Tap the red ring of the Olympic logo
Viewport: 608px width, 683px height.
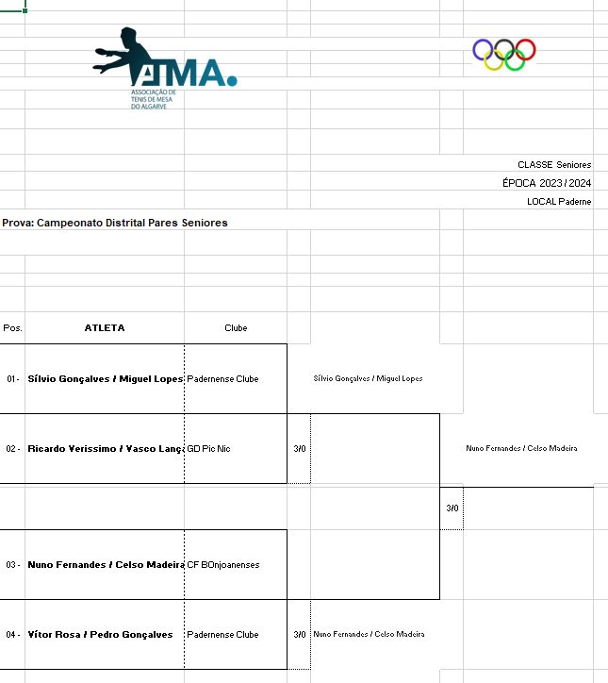(525, 49)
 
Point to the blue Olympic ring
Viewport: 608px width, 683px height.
(483, 49)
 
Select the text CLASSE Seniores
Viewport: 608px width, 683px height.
(554, 165)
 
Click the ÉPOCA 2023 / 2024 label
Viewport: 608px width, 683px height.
(547, 183)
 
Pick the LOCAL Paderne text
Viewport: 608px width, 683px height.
(559, 202)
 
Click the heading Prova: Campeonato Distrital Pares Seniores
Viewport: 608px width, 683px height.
(115, 224)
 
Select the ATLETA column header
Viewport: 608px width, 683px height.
(105, 328)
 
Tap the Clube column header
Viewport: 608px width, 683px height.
(236, 328)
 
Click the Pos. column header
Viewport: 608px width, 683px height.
(12, 328)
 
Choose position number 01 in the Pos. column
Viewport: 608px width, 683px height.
(12, 379)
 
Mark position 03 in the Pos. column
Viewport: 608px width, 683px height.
(12, 565)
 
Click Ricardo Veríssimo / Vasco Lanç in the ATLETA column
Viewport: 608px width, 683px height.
(105, 449)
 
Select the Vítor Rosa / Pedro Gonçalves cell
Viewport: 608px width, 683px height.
(101, 635)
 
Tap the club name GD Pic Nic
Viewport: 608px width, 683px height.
(208, 449)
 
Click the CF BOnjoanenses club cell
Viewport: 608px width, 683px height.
(223, 565)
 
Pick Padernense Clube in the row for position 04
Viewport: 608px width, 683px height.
(222, 635)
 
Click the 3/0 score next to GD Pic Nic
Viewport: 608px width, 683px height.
(300, 449)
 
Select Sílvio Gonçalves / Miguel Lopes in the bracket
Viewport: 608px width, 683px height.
(368, 379)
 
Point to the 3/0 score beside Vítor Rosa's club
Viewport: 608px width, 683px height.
(300, 635)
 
